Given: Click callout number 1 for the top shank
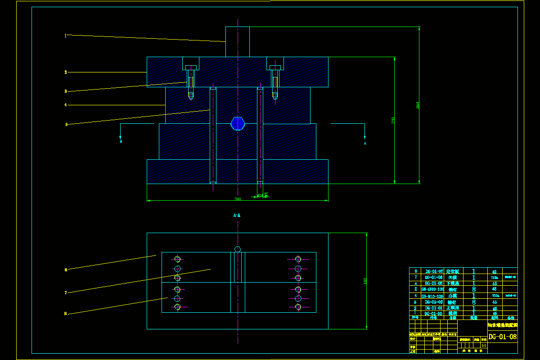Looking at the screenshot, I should [65, 35].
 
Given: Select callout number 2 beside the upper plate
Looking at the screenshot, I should [66, 72].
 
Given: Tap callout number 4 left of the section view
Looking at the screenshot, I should [66, 105].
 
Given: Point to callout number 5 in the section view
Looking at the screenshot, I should [66, 124].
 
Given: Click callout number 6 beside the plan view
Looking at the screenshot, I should [66, 270].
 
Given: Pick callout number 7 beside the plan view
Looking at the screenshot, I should [66, 292].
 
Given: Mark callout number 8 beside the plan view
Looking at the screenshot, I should [66, 314].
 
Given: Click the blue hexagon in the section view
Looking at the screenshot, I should [238, 123].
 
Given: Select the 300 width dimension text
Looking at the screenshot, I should [237, 199].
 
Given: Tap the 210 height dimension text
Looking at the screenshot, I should [393, 120].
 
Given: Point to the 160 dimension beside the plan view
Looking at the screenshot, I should [365, 281].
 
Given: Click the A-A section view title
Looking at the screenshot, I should [237, 216].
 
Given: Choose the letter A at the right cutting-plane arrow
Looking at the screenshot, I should [365, 144].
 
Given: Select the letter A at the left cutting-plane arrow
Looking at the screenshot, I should [121, 141].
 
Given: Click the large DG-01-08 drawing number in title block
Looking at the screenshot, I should [502, 337].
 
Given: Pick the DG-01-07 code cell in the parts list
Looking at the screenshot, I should [434, 271].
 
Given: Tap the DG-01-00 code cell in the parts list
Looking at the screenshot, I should [434, 314].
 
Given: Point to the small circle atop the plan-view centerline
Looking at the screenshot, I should [238, 249].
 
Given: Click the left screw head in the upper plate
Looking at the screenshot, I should [191, 67].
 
